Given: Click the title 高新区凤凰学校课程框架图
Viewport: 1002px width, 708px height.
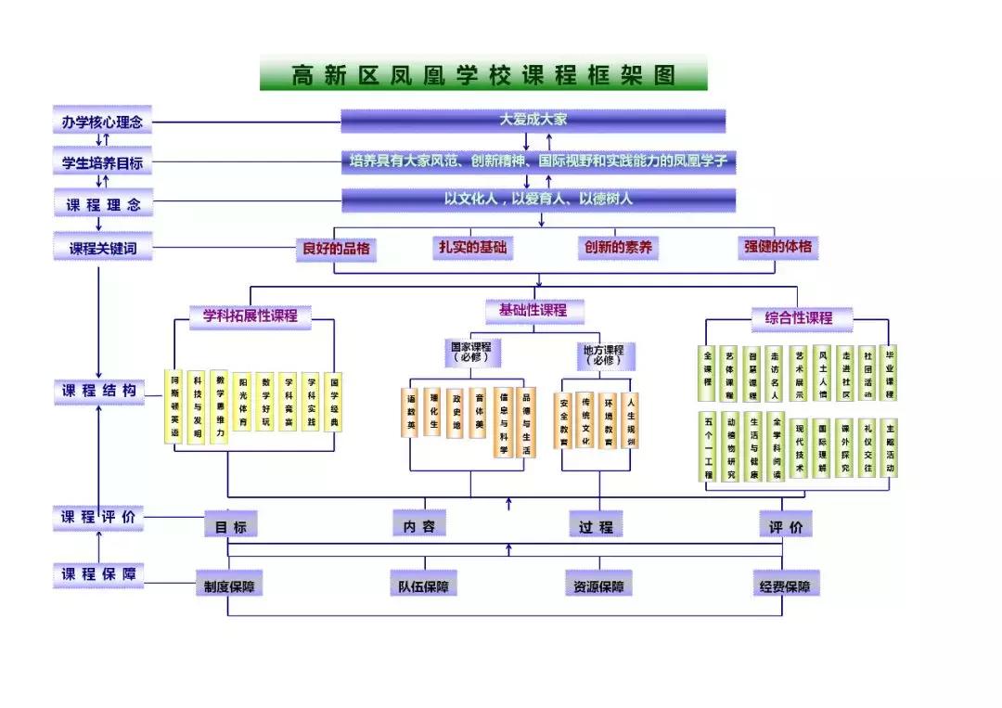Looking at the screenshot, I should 483,74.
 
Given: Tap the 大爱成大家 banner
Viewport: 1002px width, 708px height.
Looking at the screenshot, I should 533,121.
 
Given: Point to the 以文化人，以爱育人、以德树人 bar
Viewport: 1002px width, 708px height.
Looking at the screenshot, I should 538,200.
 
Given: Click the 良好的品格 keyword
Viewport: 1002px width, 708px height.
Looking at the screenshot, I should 336,249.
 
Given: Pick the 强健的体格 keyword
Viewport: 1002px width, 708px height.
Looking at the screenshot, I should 777,248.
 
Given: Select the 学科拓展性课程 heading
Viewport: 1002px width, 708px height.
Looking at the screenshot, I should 250,316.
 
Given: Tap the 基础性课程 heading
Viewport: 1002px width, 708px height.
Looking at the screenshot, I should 533,311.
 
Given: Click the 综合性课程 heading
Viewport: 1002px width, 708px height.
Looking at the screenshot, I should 799,317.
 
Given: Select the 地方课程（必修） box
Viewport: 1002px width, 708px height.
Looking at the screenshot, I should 603,354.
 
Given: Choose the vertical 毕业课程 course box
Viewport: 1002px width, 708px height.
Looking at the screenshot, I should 890,374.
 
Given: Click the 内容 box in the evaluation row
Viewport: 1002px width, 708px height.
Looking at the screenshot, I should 419,525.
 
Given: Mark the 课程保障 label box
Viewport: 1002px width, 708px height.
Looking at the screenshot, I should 98,574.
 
